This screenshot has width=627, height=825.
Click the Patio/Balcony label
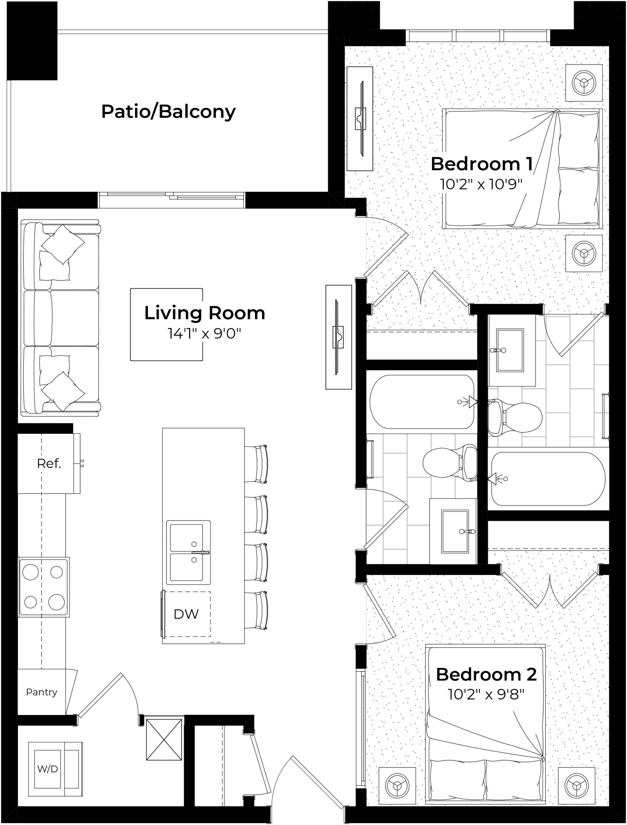pos(168,112)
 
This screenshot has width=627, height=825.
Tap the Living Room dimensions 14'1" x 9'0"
pos(204,333)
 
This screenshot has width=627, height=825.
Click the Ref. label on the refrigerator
pos(49,463)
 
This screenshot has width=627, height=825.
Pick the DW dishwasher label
pos(186,614)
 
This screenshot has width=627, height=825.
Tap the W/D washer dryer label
pos(47,769)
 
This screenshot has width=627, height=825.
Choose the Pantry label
pos(42,692)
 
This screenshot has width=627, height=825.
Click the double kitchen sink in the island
pos(188,552)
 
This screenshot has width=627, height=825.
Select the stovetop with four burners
pos(44,587)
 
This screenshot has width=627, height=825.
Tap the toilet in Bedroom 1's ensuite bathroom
pos(515,418)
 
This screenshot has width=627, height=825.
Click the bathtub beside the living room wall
pos(422,402)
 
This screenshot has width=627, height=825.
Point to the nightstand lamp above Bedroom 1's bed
pos(584,83)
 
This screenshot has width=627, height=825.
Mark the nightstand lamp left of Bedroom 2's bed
pos(397,786)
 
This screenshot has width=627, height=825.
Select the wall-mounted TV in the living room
pos(338,337)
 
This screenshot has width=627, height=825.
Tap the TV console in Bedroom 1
pos(360,119)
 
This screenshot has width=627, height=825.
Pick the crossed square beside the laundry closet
pos(164,740)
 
